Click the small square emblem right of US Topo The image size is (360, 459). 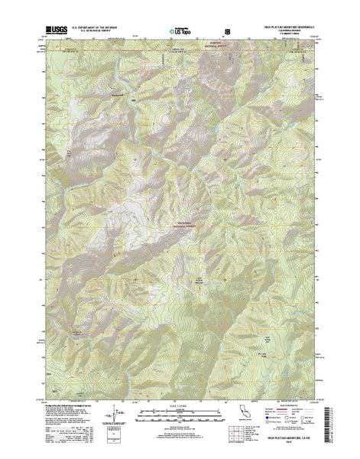tap(226, 33)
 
